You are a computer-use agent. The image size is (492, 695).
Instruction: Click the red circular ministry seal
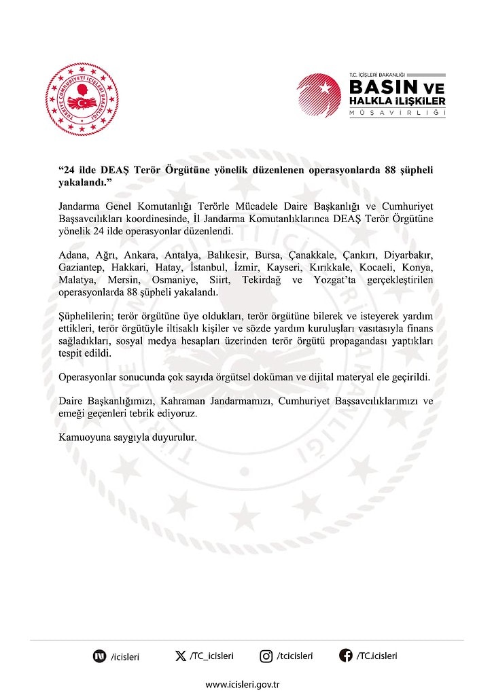tap(82, 99)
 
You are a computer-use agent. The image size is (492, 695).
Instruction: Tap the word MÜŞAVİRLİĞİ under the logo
tap(397, 112)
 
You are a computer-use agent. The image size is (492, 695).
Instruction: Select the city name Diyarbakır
tap(408, 254)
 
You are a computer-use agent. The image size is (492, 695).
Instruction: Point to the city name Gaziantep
tap(80, 267)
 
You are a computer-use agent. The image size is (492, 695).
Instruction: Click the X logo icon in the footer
tap(180, 656)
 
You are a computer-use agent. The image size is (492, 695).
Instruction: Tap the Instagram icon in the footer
tap(266, 656)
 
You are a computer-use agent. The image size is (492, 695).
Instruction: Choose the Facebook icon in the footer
tap(346, 656)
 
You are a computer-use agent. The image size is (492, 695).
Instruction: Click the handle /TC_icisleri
tap(211, 656)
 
